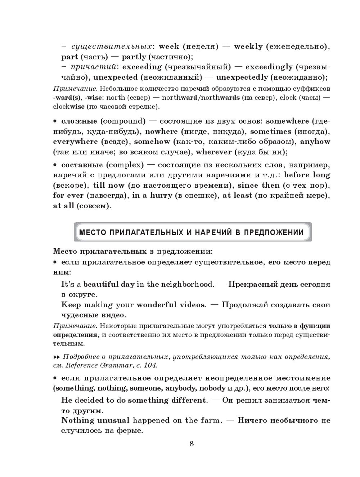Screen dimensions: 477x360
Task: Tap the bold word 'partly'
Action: click(134, 57)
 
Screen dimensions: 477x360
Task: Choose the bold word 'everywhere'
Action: click(75, 142)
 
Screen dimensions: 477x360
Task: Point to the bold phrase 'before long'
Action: click(307, 175)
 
